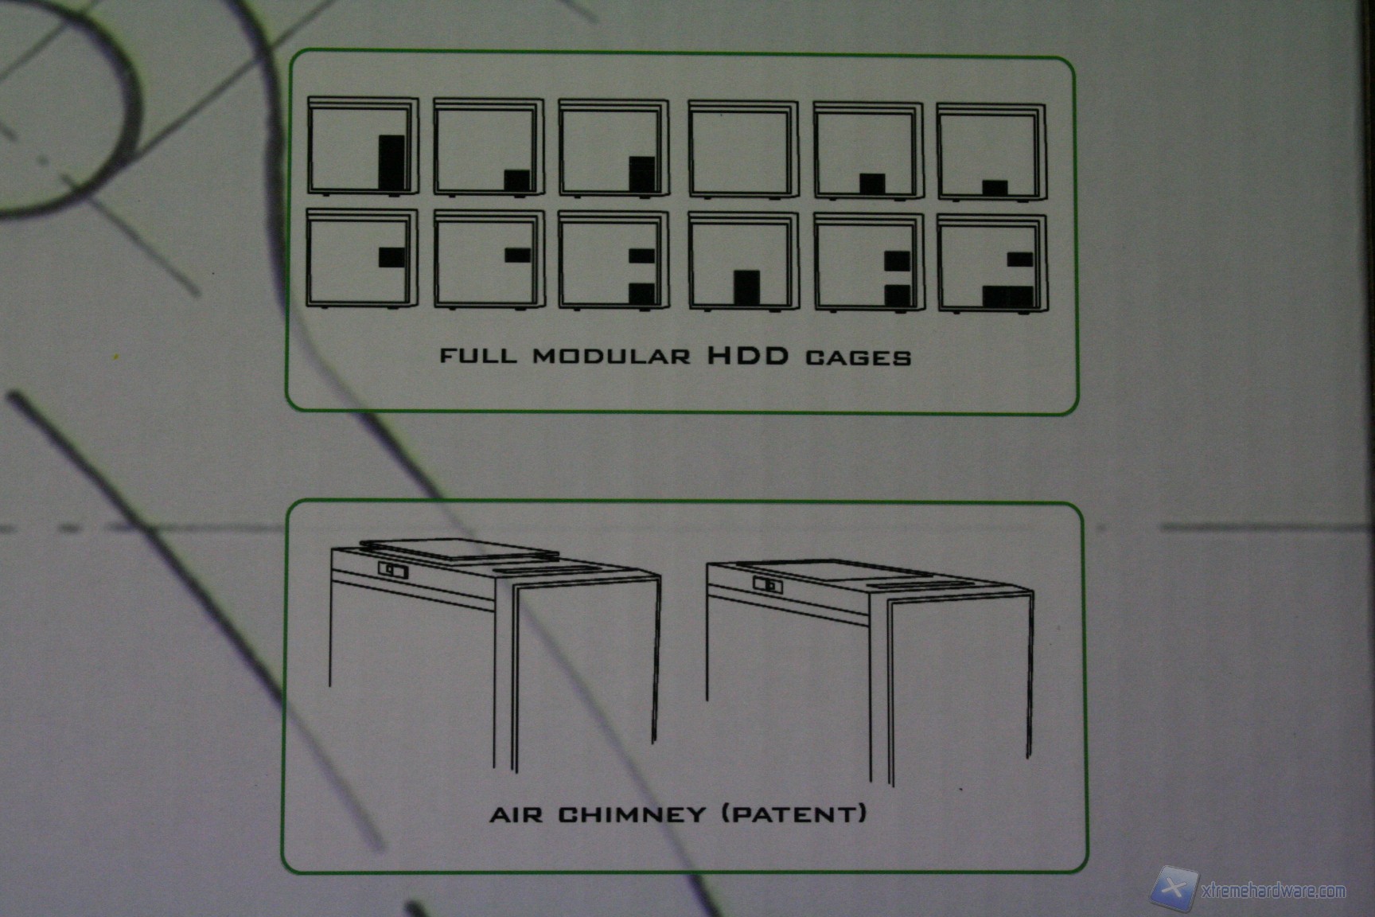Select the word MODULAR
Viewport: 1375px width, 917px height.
coord(612,356)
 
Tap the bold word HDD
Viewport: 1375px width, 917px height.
coord(748,355)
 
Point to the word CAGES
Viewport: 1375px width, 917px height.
coord(859,357)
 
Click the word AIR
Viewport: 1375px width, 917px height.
coord(518,815)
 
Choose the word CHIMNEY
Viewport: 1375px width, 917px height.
coord(632,814)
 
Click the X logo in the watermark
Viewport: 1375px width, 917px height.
coord(1173,888)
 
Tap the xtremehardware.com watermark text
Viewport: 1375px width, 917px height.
coord(1273,891)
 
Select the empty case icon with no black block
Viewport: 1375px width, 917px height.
coord(743,149)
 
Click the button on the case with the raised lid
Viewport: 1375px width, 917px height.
coord(392,570)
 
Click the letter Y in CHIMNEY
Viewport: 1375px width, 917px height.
coord(695,814)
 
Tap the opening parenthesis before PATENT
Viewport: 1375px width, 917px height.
coord(727,814)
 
